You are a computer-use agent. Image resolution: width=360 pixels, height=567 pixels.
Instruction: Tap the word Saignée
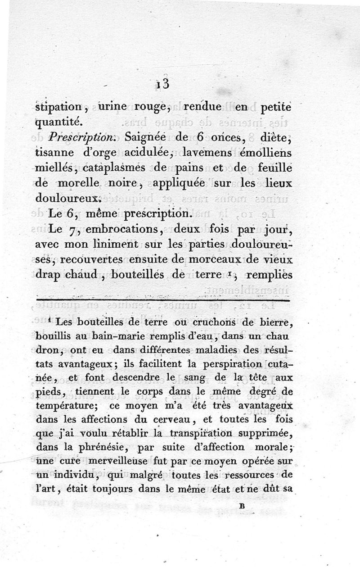point(147,136)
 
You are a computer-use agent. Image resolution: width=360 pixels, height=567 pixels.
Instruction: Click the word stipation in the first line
point(58,108)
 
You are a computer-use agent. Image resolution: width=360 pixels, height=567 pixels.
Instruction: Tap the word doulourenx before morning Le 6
point(71,198)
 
